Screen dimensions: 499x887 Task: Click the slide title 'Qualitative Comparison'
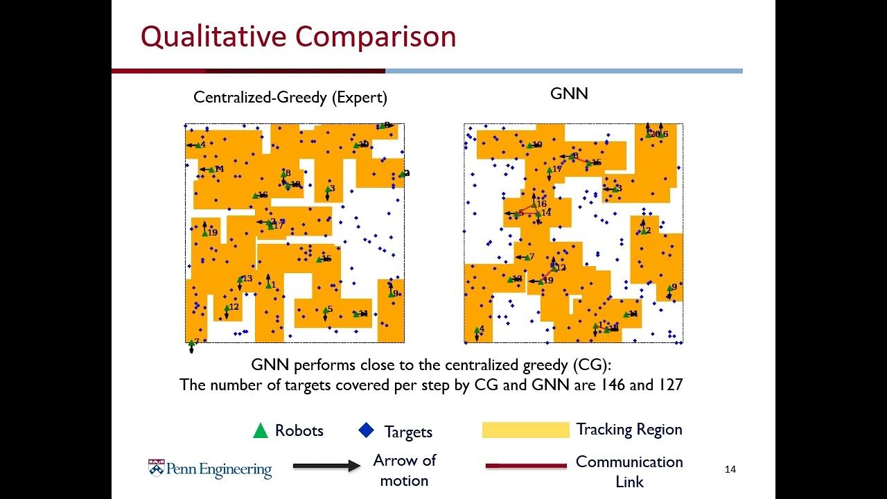click(298, 36)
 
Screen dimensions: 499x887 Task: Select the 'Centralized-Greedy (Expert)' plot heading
click(290, 97)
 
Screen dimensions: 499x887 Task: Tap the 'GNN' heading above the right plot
click(569, 94)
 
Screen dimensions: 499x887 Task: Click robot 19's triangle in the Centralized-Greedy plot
click(205, 232)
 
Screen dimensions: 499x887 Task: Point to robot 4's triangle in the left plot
click(197, 145)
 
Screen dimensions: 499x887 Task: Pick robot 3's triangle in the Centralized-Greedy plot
click(327, 189)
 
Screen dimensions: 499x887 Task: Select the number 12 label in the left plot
click(234, 307)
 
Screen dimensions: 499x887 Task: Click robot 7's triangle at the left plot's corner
click(191, 342)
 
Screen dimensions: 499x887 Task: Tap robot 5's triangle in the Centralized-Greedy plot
click(325, 310)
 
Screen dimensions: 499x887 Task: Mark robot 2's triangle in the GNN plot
click(643, 231)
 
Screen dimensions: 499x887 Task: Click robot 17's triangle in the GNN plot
click(550, 170)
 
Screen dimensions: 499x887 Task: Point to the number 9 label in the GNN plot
click(674, 286)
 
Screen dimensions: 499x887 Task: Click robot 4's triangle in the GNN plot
click(477, 330)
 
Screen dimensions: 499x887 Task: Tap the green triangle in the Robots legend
click(261, 430)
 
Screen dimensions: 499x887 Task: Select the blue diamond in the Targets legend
click(366, 430)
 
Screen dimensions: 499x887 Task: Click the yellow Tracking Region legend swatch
click(525, 430)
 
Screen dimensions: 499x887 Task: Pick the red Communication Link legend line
click(525, 466)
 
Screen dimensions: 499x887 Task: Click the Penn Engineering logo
click(210, 469)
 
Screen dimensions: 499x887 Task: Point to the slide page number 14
click(730, 470)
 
